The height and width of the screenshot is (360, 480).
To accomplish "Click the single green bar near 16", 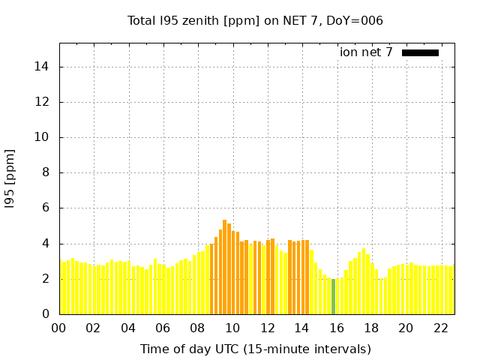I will (x=334, y=296).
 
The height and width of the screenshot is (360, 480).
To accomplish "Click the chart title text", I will (x=255, y=20).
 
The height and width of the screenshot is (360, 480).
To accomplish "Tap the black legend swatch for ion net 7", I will (x=420, y=52).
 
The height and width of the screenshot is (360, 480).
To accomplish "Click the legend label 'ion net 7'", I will (x=366, y=52).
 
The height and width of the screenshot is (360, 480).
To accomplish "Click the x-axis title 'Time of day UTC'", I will (x=255, y=349).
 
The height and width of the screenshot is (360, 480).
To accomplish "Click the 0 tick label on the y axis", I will (x=45, y=314).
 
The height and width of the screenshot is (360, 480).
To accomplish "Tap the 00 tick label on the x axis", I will (x=58, y=328).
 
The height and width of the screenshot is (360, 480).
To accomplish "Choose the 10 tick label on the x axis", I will (x=232, y=328).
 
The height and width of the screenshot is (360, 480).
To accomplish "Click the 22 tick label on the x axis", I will (x=440, y=328).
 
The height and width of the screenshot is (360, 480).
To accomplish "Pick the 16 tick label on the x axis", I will (x=337, y=328).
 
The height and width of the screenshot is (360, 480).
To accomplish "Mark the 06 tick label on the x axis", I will (x=163, y=328).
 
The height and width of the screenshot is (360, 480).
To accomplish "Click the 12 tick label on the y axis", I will (x=42, y=102).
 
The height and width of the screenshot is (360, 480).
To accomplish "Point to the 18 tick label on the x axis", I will (x=371, y=328).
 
